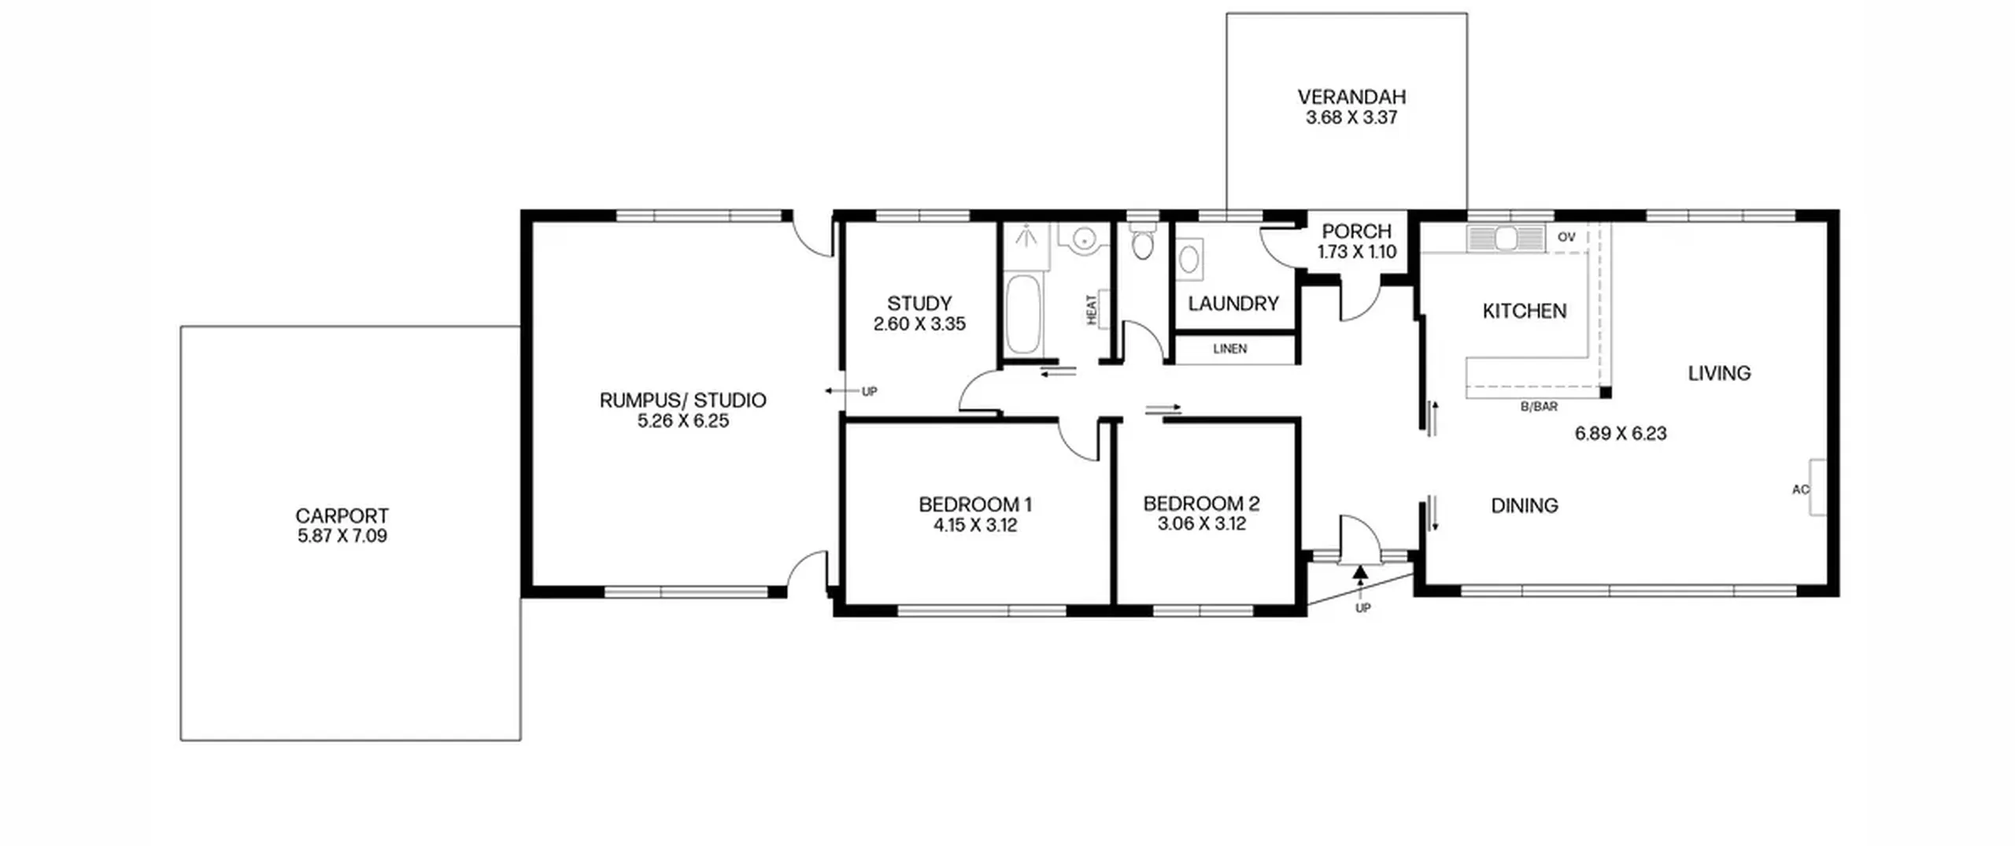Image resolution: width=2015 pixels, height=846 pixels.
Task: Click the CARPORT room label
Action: tap(342, 515)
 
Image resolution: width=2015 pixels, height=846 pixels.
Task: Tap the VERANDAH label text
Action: tap(1351, 97)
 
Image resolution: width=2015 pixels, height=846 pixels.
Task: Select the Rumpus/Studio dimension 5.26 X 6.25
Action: tap(683, 421)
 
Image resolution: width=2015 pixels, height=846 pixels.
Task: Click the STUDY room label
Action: tap(919, 303)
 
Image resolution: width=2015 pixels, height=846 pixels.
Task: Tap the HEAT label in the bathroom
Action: tap(1092, 309)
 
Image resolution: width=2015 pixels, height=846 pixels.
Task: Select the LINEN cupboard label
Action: tap(1230, 349)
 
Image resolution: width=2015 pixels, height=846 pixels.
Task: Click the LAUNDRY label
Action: tap(1233, 303)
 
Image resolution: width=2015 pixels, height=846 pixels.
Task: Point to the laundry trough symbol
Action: tap(1189, 259)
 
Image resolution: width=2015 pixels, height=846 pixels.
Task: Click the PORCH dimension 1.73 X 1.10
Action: tap(1357, 252)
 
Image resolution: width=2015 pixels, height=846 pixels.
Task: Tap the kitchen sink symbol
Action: tap(1506, 238)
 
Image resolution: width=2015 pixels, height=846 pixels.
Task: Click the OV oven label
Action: tap(1566, 237)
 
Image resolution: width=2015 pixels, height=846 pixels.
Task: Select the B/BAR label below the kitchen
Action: tap(1539, 407)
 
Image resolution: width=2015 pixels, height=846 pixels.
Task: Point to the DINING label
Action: tap(1525, 505)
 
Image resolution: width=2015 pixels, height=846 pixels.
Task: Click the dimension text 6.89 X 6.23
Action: tap(1621, 434)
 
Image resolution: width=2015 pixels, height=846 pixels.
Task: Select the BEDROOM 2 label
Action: tap(1201, 503)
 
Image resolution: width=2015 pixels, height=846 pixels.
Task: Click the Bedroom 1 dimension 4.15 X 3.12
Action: tap(975, 525)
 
